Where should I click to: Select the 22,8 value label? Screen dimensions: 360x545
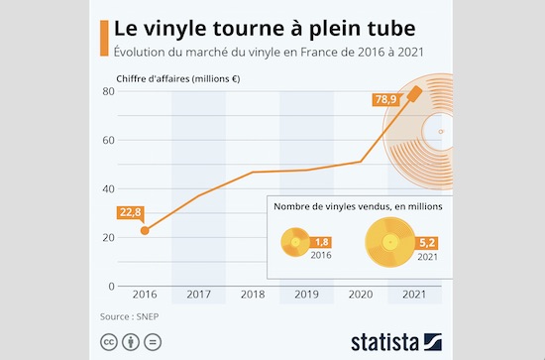[132, 211]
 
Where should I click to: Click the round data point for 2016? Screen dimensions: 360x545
[145, 230]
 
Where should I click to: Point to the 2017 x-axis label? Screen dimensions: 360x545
[199, 295]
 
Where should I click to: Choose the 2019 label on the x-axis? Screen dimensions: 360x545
[306, 295]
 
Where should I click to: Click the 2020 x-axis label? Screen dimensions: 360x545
[361, 295]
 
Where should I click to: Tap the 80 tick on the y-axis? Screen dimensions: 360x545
[109, 91]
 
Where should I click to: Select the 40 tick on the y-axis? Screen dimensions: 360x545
[109, 188]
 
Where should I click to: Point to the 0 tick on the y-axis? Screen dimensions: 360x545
[112, 286]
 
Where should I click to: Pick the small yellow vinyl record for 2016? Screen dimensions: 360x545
[296, 243]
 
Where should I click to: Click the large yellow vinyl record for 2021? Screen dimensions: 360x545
[389, 243]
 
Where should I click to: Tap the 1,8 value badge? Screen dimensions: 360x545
[322, 241]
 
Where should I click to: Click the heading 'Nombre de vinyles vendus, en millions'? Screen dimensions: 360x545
[358, 207]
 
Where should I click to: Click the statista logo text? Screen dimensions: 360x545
[384, 342]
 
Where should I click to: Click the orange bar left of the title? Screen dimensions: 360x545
[105, 36]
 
